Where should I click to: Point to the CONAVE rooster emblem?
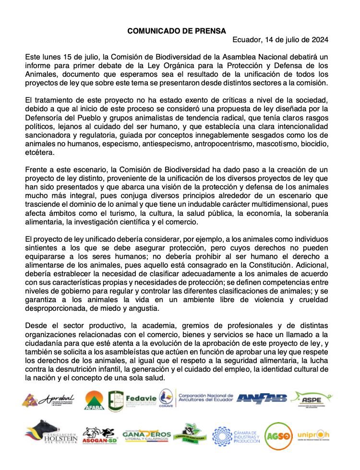coord(166,399)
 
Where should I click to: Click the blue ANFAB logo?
coord(262,399)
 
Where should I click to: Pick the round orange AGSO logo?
coord(278,435)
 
